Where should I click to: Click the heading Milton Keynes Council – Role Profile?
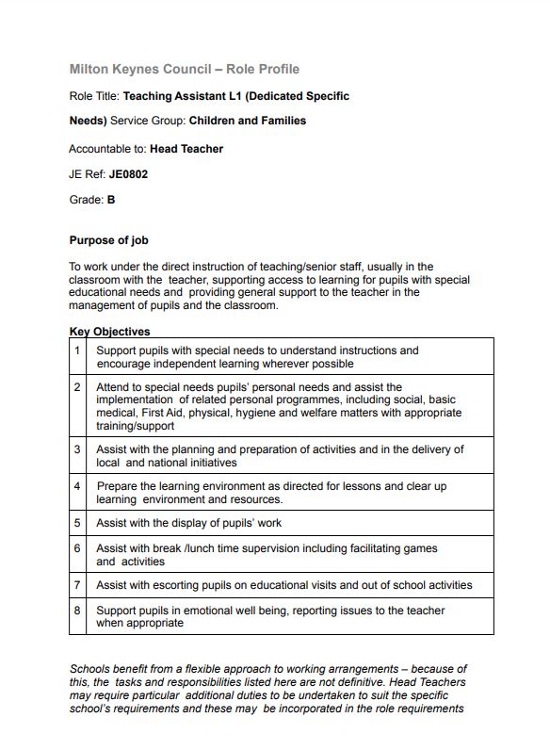point(185,70)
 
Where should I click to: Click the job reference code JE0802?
point(128,174)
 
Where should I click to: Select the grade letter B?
point(111,200)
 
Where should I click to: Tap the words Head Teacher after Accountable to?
point(186,148)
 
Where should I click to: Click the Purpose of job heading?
point(108,240)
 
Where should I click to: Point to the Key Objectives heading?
point(109,332)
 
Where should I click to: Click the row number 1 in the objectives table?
point(77,351)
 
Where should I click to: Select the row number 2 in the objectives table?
point(77,387)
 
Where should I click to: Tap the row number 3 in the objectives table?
point(77,449)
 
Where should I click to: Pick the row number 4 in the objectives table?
point(77,486)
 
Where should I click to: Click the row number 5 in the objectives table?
point(77,523)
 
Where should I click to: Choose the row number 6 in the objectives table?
point(77,548)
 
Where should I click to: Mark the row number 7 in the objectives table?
point(77,585)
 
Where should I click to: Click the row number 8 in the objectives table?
point(77,611)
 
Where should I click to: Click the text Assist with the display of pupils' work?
point(188,523)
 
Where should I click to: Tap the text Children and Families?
point(248,121)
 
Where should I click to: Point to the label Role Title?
point(94,96)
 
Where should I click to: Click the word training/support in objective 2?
point(135,426)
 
